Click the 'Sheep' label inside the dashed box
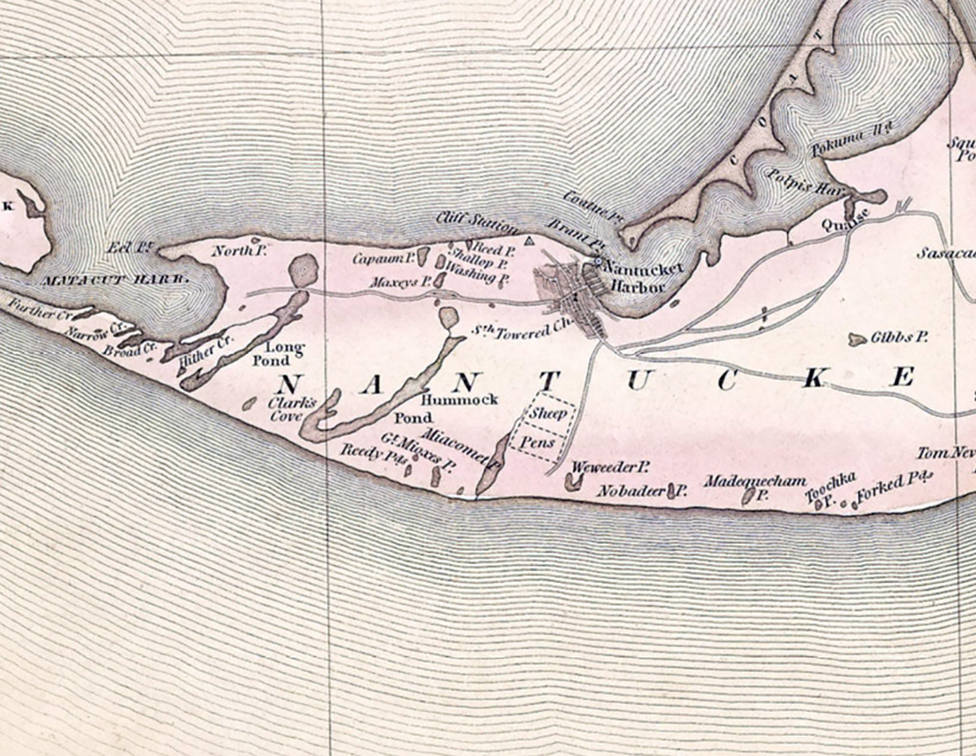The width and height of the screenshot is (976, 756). click(x=547, y=413)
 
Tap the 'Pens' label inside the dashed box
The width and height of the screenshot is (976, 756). click(x=541, y=443)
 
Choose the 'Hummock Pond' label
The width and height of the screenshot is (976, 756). click(x=459, y=408)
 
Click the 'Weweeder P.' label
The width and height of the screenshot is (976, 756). click(x=611, y=467)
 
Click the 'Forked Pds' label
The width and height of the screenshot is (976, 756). click(x=895, y=489)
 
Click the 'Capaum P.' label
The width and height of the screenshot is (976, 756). click(x=383, y=258)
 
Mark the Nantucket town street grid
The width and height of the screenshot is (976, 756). click(x=573, y=296)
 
